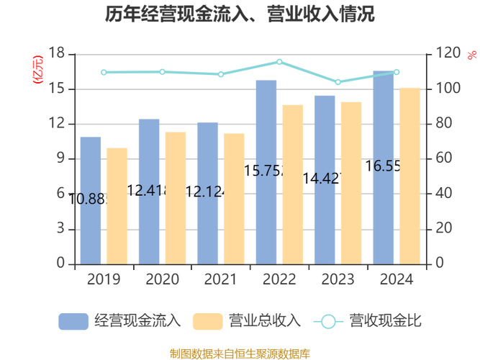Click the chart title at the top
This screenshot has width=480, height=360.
(240, 14)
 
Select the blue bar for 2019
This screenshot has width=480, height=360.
(91, 200)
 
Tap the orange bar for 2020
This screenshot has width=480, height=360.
(176, 198)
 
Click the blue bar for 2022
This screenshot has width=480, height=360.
(266, 172)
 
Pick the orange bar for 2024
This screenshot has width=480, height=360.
(409, 176)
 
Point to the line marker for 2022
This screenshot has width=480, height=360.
(279, 62)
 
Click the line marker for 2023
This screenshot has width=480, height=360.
(338, 82)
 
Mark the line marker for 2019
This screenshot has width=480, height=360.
(104, 73)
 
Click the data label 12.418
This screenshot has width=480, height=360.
(148, 191)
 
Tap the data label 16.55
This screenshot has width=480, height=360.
(383, 166)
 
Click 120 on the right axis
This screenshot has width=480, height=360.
(447, 54)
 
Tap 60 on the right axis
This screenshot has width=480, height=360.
(443, 159)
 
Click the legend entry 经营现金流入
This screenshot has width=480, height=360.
(119, 321)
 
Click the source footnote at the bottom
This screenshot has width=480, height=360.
(240, 354)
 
